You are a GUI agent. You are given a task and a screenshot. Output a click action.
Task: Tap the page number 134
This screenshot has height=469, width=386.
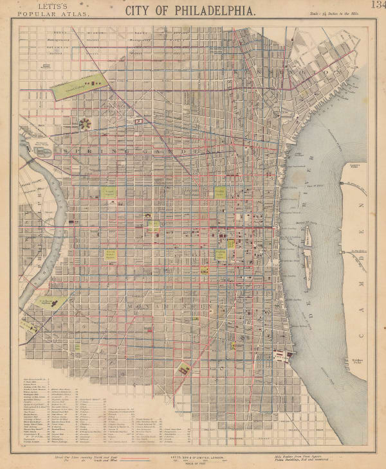point(378,6)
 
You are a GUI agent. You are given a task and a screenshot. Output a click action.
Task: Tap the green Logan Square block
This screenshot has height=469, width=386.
point(110,192)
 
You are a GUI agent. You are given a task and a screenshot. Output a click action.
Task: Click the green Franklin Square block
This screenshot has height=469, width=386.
point(221,192)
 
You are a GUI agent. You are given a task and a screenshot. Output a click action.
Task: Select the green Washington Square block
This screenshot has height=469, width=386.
point(221,255)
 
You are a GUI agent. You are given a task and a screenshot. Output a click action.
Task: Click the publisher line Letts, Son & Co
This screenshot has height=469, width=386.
point(192,457)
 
